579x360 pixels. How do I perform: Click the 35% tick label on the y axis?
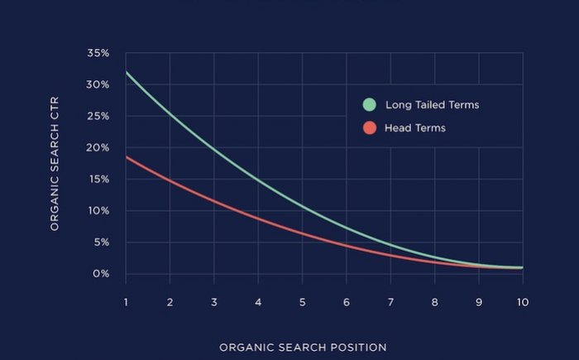(98, 53)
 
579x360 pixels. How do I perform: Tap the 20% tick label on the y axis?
(98, 147)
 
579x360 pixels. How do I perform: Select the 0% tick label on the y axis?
(101, 274)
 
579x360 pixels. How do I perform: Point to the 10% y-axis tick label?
(98, 211)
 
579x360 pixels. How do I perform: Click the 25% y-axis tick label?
(98, 116)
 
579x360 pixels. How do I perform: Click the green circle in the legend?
(369, 105)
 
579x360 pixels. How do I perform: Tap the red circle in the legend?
(369, 128)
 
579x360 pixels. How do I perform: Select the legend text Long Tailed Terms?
(431, 105)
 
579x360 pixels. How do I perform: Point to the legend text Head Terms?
(415, 128)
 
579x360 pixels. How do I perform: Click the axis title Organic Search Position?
(303, 347)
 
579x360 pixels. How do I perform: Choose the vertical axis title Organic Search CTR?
(55, 163)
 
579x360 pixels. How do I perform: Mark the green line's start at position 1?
(127, 73)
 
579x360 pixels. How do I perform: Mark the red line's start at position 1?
(127, 156)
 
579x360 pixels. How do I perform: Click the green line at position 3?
(214, 150)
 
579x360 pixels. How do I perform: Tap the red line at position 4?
(258, 218)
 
